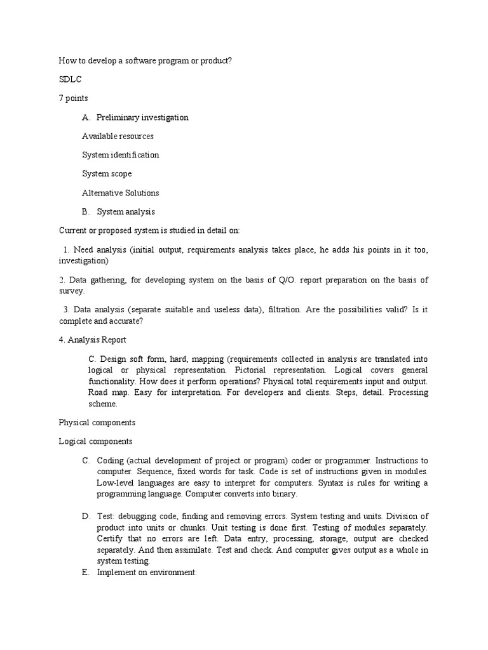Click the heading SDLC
tap(70, 79)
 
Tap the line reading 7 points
tap(74, 98)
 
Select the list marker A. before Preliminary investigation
tap(86, 117)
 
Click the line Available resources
tap(118, 136)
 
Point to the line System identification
tap(120, 155)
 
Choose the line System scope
tap(107, 174)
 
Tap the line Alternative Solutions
tap(120, 193)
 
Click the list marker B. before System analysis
tap(86, 212)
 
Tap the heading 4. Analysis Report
tap(92, 340)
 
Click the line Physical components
tap(97, 422)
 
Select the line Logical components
tap(95, 441)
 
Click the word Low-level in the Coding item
tap(116, 483)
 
